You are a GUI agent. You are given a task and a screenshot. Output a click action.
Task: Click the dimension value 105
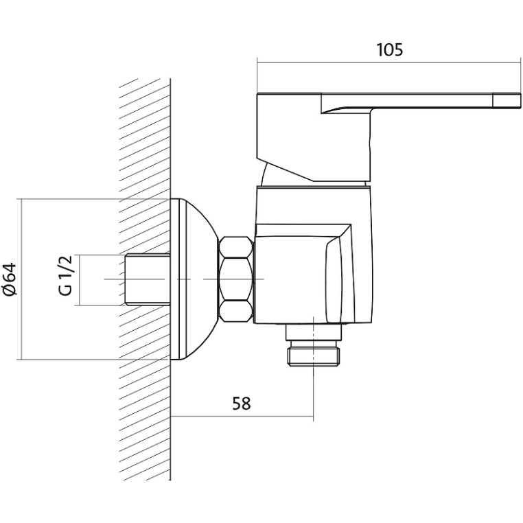click(390, 49)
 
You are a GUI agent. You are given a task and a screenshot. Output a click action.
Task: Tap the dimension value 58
click(241, 404)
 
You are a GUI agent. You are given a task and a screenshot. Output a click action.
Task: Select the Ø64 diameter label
click(10, 279)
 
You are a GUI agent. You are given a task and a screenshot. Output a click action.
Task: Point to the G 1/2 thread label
click(65, 275)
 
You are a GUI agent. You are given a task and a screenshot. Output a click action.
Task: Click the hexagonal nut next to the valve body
click(235, 279)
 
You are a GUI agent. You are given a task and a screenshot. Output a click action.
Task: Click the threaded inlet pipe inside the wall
click(148, 279)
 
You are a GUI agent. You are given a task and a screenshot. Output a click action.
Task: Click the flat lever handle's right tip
click(520, 100)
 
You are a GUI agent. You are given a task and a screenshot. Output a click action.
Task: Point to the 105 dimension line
click(389, 62)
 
